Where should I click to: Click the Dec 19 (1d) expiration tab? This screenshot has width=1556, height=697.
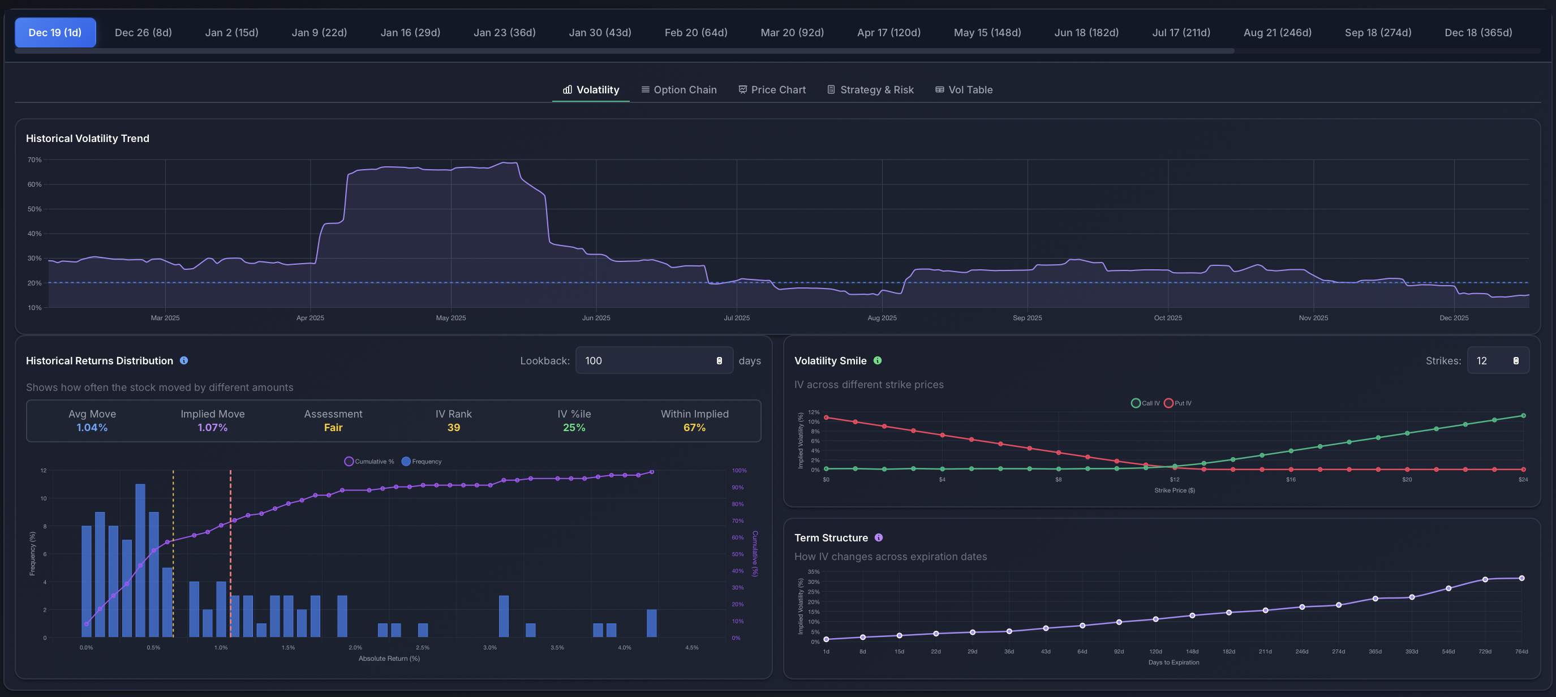55,33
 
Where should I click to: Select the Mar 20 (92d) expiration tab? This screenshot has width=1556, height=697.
792,33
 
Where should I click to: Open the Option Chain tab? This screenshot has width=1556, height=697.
679,89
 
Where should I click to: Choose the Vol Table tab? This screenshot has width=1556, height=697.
964,89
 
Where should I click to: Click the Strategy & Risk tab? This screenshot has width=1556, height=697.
870,89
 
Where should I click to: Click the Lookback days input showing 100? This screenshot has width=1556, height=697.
646,360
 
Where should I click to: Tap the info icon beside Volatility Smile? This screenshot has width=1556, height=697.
878,360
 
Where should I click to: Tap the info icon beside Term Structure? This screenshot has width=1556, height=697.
879,537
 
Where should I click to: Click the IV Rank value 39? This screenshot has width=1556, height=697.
454,428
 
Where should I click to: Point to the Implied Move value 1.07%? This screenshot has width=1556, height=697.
213,428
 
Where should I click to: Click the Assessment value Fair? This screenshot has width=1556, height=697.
333,428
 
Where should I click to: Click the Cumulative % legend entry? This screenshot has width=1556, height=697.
369,462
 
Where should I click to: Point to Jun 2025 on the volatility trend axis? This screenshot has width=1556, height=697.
596,318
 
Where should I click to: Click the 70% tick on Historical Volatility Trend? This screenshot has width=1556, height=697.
35,160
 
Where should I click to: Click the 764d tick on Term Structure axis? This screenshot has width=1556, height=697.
1521,652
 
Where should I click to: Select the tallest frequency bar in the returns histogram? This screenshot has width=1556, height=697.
140,560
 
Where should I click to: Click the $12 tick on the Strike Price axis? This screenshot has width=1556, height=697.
1174,480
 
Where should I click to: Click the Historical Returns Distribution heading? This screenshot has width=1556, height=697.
100,360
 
